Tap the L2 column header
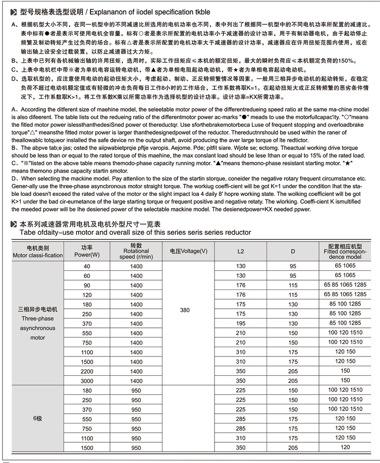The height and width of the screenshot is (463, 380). (x=240, y=251)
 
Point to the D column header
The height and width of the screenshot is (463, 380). (x=293, y=251)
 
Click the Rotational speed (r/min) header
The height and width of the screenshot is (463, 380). (x=136, y=251)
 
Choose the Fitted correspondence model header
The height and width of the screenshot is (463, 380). (x=345, y=251)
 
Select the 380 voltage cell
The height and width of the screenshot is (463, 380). (x=185, y=310)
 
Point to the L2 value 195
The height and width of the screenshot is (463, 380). (x=240, y=323)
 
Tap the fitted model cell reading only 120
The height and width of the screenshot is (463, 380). (x=345, y=447)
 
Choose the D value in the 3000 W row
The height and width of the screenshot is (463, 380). (x=293, y=380)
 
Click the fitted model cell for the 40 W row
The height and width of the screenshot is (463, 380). (x=345, y=266)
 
